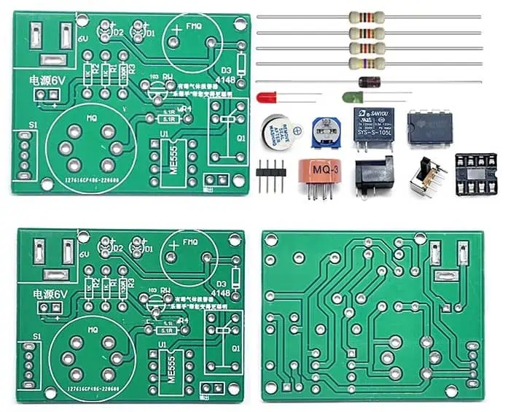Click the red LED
pos(267,96)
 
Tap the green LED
pos(351,97)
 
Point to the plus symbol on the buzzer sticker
pos(298,128)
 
